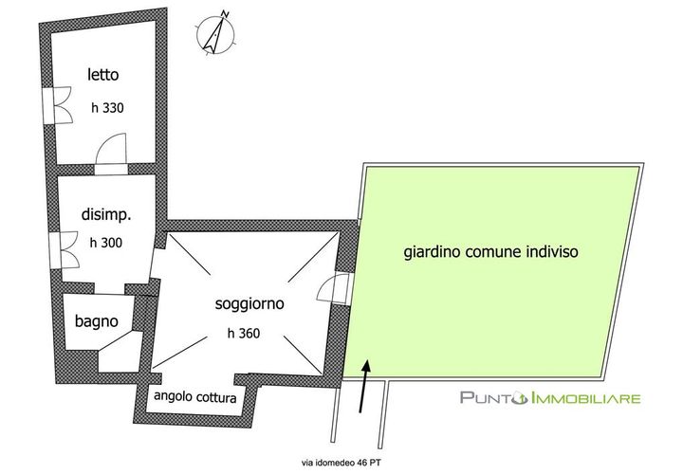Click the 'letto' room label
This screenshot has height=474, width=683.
pos(102,75)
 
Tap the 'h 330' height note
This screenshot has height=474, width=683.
pos(107,107)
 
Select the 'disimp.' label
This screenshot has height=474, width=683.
pos(106,215)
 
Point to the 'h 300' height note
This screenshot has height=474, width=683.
pos(106,243)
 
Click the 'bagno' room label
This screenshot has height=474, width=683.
pos(96,321)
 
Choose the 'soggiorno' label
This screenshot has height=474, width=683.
pos(249,303)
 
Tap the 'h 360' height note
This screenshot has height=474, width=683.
pos(244,334)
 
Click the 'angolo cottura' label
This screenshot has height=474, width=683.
pos(195,397)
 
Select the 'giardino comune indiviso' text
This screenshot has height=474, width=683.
pos(491,252)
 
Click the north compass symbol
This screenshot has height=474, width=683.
pos(215,33)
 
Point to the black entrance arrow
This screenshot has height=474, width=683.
pos(364,385)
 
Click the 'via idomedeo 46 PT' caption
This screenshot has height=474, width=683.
pos(341,463)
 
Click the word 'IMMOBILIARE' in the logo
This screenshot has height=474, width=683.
pos(586,398)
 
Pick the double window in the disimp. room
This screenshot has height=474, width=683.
pos(64,250)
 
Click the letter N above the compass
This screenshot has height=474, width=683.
pos(225,13)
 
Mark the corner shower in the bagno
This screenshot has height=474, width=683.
pos(120,352)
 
